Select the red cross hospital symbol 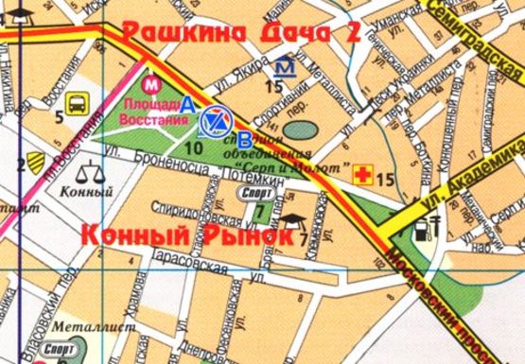(x=360, y=174)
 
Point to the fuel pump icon (x=435, y=228)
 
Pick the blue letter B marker (x=244, y=135)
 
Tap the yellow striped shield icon (x=35, y=162)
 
